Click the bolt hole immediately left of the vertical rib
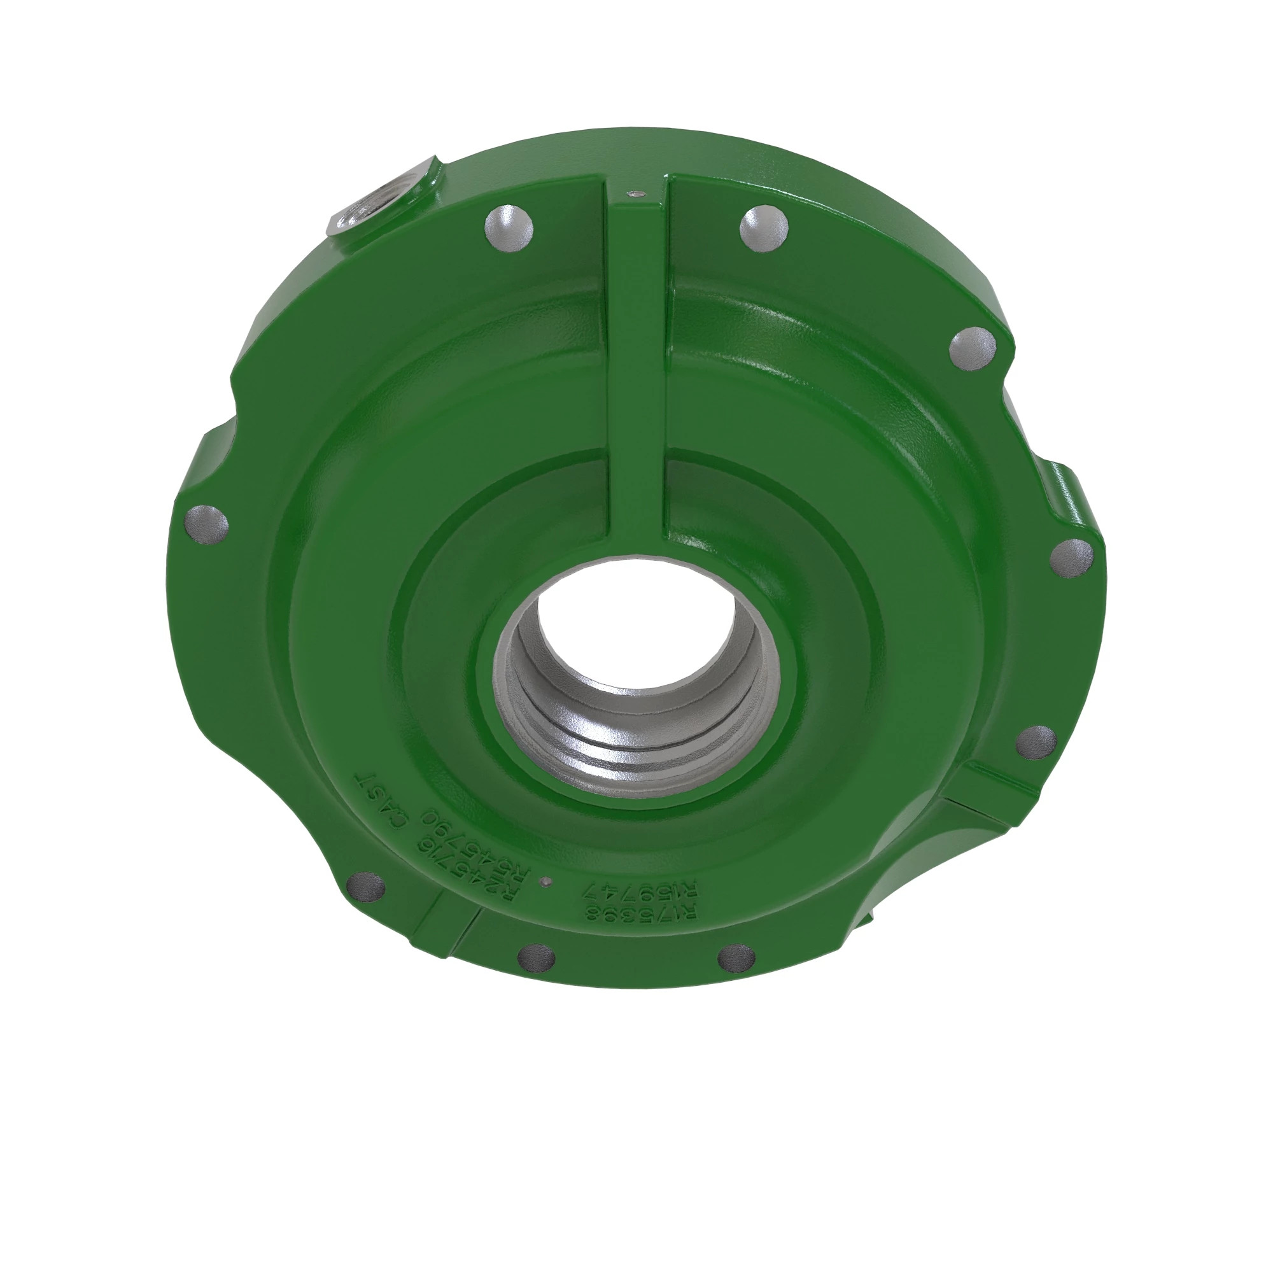tap(508, 228)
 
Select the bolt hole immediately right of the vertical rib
tap(764, 229)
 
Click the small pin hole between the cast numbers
tap(544, 881)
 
